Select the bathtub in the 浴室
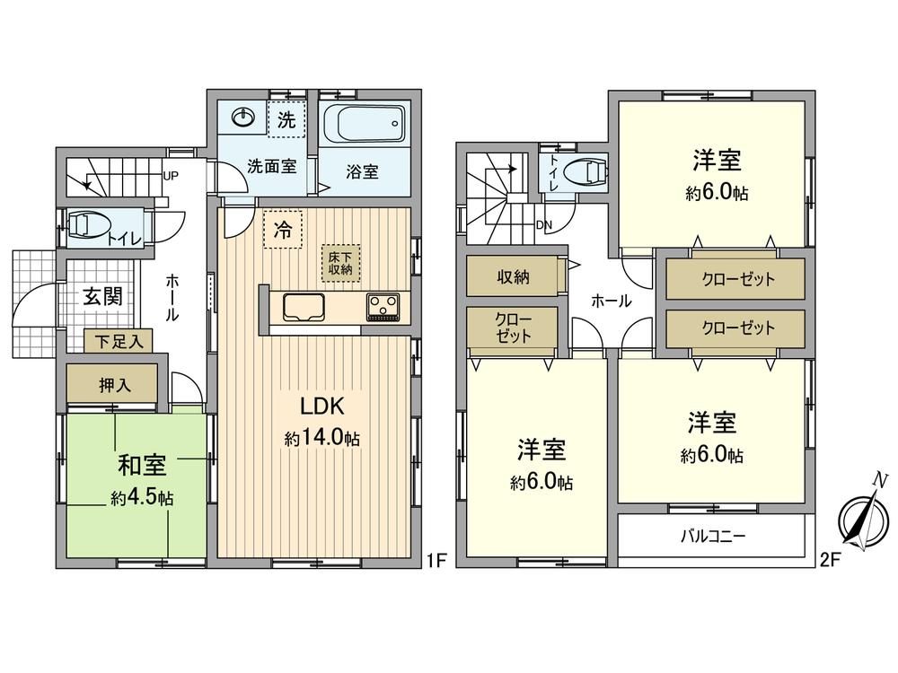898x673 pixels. click(x=364, y=124)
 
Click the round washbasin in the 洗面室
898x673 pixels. click(x=243, y=118)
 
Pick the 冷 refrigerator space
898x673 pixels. click(x=282, y=230)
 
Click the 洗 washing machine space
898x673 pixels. click(x=286, y=120)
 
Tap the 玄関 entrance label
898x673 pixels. click(x=103, y=296)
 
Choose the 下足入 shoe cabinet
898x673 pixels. click(x=119, y=341)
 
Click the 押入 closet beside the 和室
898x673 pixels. click(x=115, y=386)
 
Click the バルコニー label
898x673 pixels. click(x=712, y=537)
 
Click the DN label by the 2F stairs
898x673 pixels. click(x=543, y=225)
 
